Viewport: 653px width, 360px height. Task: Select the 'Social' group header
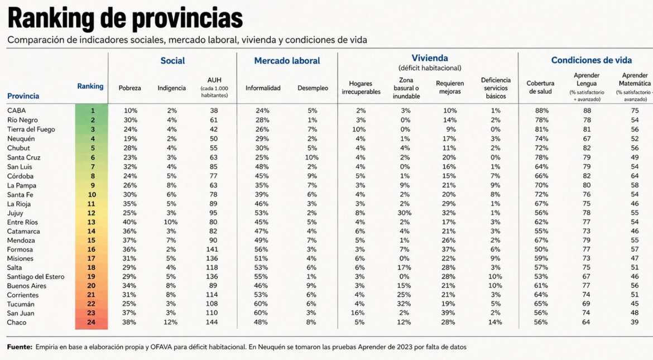[x=172, y=61]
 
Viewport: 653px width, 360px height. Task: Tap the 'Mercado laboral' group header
[x=287, y=61]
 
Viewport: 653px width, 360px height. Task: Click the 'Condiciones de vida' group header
[x=592, y=60]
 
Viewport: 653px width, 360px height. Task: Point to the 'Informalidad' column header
[x=263, y=88]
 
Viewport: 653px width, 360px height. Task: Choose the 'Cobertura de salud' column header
[x=540, y=88]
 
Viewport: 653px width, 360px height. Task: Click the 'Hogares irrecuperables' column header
[x=361, y=88]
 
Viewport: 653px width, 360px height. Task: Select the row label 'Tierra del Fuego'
[x=31, y=129]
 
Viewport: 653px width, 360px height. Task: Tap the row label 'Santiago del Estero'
[x=36, y=277]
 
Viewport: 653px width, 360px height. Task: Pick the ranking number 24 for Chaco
[x=91, y=322]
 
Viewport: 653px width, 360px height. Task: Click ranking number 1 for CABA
[x=93, y=111]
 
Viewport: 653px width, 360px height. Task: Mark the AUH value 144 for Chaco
[x=212, y=322]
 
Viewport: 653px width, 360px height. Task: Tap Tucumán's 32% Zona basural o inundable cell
[x=404, y=304]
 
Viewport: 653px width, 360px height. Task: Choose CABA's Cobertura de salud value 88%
[x=542, y=111]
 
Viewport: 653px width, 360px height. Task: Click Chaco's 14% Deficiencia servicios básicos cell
[x=495, y=322]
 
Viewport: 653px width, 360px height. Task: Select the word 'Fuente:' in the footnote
[x=20, y=347]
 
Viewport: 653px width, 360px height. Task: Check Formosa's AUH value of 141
[x=212, y=249]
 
